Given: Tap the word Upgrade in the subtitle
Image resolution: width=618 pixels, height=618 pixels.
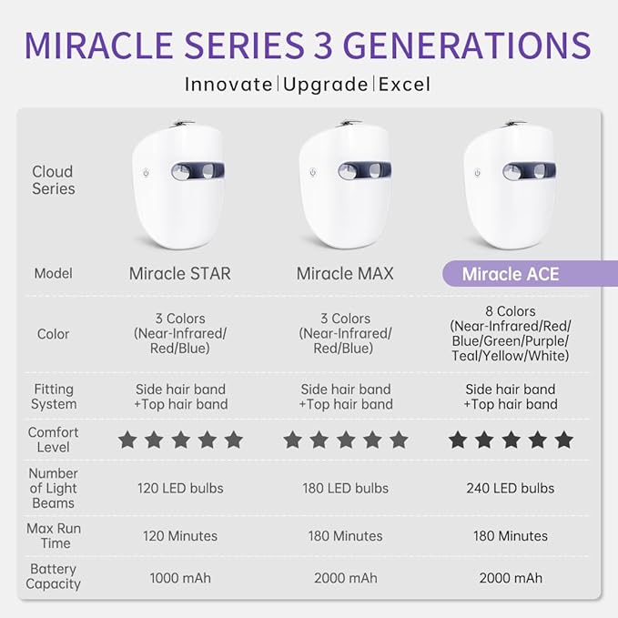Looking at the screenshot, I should click(x=326, y=85).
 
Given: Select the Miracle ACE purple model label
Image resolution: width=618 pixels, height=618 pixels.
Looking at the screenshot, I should click(x=511, y=274).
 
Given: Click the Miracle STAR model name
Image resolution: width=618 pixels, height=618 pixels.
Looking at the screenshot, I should click(x=179, y=274).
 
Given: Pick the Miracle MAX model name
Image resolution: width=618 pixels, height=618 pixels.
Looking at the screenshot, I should click(x=345, y=274).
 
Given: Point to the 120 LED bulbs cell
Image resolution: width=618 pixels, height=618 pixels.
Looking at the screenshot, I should click(x=179, y=488).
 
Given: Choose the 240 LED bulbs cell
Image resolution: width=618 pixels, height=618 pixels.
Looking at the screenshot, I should click(x=511, y=488).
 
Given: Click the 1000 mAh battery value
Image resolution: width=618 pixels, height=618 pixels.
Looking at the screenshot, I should click(x=179, y=578).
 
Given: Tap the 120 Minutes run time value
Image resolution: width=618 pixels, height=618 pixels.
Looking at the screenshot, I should click(x=179, y=536).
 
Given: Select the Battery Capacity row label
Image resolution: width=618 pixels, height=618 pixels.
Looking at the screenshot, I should click(x=53, y=577).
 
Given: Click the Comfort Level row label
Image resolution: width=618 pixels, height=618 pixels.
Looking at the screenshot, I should click(x=53, y=440).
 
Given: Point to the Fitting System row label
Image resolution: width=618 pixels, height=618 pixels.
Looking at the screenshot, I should click(x=53, y=396).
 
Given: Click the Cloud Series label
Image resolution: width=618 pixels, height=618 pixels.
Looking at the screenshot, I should click(x=53, y=180).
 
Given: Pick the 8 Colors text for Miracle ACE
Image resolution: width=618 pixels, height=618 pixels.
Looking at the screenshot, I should click(x=511, y=312).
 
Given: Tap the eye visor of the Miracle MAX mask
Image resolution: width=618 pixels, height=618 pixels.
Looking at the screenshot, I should click(x=364, y=170).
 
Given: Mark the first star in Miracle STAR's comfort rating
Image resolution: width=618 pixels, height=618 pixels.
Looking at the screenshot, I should click(x=127, y=441).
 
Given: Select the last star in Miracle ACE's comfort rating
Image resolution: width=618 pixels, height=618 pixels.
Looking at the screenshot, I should click(x=564, y=441).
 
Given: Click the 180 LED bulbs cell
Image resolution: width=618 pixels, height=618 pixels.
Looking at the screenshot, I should click(x=345, y=488).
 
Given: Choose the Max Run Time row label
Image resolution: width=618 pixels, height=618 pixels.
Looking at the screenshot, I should click(x=53, y=536).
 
